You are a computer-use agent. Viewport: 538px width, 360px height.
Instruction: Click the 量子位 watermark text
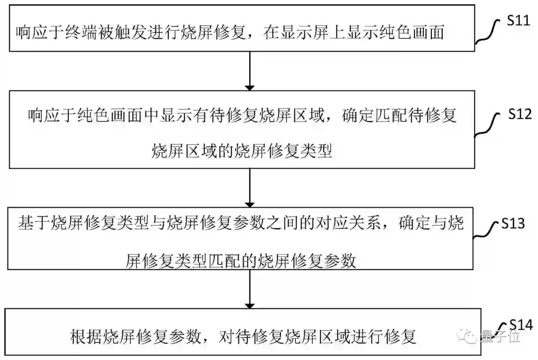click(x=501, y=337)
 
